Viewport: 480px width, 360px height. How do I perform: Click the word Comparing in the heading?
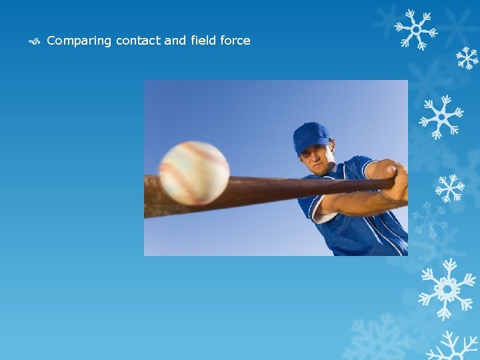tap(79, 41)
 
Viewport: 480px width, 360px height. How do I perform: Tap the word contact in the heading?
tap(138, 41)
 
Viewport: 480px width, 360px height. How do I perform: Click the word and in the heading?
tap(175, 41)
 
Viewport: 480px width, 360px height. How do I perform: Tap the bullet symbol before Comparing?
tap(36, 41)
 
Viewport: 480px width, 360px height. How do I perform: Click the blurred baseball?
tap(194, 173)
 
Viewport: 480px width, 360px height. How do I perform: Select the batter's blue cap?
tap(311, 135)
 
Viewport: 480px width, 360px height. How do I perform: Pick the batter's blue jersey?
tap(360, 220)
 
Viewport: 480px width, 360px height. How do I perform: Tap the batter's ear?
tap(331, 151)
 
